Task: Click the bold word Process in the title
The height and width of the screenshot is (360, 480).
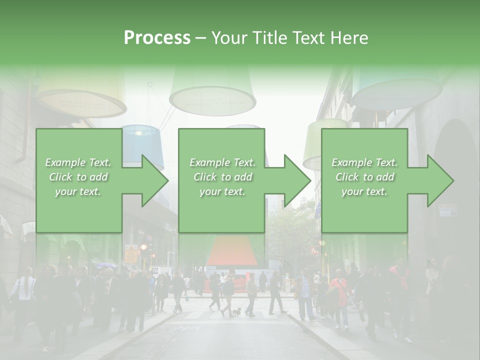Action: coord(157,37)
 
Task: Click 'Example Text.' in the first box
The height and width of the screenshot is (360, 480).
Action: coord(78,162)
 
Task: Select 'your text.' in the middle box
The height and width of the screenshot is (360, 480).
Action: coord(222,191)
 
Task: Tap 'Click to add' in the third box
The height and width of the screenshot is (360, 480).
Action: coord(364,177)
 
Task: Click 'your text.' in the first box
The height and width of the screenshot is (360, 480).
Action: coord(78,191)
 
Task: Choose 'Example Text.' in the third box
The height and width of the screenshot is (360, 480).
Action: coord(364,162)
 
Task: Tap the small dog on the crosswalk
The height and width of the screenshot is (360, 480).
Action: coord(235,312)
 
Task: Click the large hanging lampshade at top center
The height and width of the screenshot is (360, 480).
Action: coord(212,92)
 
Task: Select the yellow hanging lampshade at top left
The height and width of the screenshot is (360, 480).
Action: coord(80,95)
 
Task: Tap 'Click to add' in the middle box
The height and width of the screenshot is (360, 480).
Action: coord(222,177)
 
